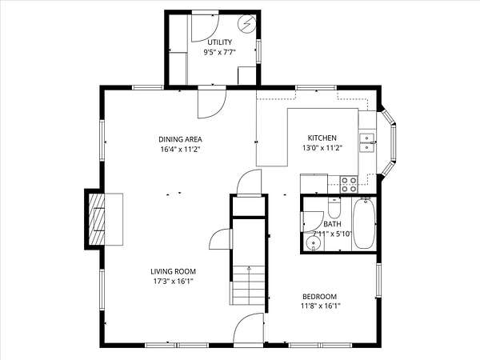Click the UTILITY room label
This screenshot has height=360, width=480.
[219, 42]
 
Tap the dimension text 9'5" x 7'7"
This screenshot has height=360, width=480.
[219, 52]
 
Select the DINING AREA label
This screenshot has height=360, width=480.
[180, 139]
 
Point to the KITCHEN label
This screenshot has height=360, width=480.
[322, 138]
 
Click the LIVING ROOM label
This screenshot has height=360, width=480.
[174, 271]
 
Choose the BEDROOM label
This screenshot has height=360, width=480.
[319, 296]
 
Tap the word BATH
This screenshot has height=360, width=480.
[332, 224]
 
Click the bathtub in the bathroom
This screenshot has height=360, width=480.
[364, 223]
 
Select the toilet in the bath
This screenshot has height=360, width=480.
[334, 207]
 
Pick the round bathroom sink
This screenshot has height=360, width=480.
[314, 244]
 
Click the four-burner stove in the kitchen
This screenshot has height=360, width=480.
[349, 185]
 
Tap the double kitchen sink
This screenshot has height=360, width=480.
[366, 142]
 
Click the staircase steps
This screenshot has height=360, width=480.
[249, 286]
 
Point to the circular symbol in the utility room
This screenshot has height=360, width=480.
[247, 23]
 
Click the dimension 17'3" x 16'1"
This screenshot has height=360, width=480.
[174, 282]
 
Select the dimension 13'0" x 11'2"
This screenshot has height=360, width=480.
[322, 148]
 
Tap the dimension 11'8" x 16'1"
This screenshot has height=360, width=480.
[321, 306]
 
